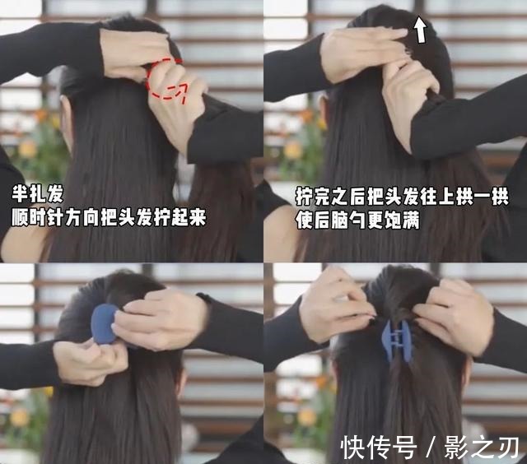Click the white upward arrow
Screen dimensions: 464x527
(420, 30)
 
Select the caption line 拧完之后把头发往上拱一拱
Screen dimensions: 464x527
(403, 197)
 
